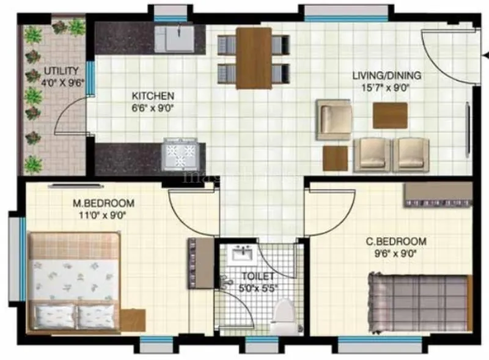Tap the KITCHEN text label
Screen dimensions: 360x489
pyautogui.click(x=153, y=96)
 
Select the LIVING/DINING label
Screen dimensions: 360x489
pyautogui.click(x=386, y=76)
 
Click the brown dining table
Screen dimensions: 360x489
pyautogui.click(x=254, y=57)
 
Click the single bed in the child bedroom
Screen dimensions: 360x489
pyautogui.click(x=418, y=303)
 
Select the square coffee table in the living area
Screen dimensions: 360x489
pyautogui.click(x=390, y=116)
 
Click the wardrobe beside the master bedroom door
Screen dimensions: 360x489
pyautogui.click(x=200, y=263)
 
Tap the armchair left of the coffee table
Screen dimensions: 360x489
pyautogui.click(x=334, y=119)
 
